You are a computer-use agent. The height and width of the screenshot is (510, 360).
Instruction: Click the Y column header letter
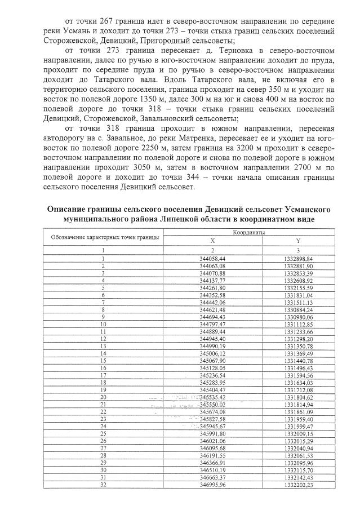click(297, 240)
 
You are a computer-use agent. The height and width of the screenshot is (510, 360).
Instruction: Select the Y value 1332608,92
click(298, 280)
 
